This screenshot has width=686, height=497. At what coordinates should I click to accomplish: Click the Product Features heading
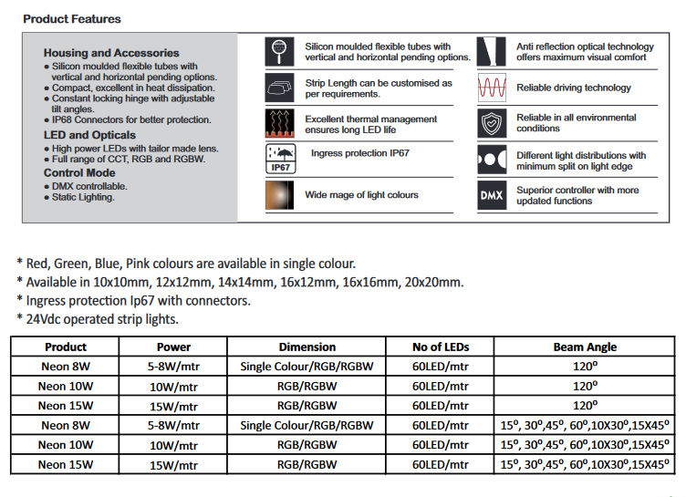pos(71,19)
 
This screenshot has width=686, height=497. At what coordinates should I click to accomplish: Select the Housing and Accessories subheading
pos(111,54)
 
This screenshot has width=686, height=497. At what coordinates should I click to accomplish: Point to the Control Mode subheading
pos(79,173)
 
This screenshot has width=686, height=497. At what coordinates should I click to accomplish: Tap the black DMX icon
pos(491,196)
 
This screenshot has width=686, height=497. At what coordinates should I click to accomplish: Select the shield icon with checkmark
pos(491,123)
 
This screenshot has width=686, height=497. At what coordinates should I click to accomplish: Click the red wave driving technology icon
pos(491,88)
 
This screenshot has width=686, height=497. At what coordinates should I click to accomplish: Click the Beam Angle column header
pos(585,347)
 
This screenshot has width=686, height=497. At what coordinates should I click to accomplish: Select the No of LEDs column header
pos(441,347)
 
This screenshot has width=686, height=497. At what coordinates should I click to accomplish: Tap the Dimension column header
pos(307,347)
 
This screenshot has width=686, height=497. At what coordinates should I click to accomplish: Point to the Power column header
pos(173,347)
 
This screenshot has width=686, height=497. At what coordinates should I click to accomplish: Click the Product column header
pos(66,347)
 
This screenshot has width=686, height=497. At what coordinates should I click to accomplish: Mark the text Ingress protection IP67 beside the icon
pos(359,153)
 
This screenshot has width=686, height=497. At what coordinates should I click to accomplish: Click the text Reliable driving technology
pos(574,88)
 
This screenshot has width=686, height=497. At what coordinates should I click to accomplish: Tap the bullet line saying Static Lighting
pos(83,197)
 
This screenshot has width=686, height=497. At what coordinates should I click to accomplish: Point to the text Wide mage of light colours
pos(361,195)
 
